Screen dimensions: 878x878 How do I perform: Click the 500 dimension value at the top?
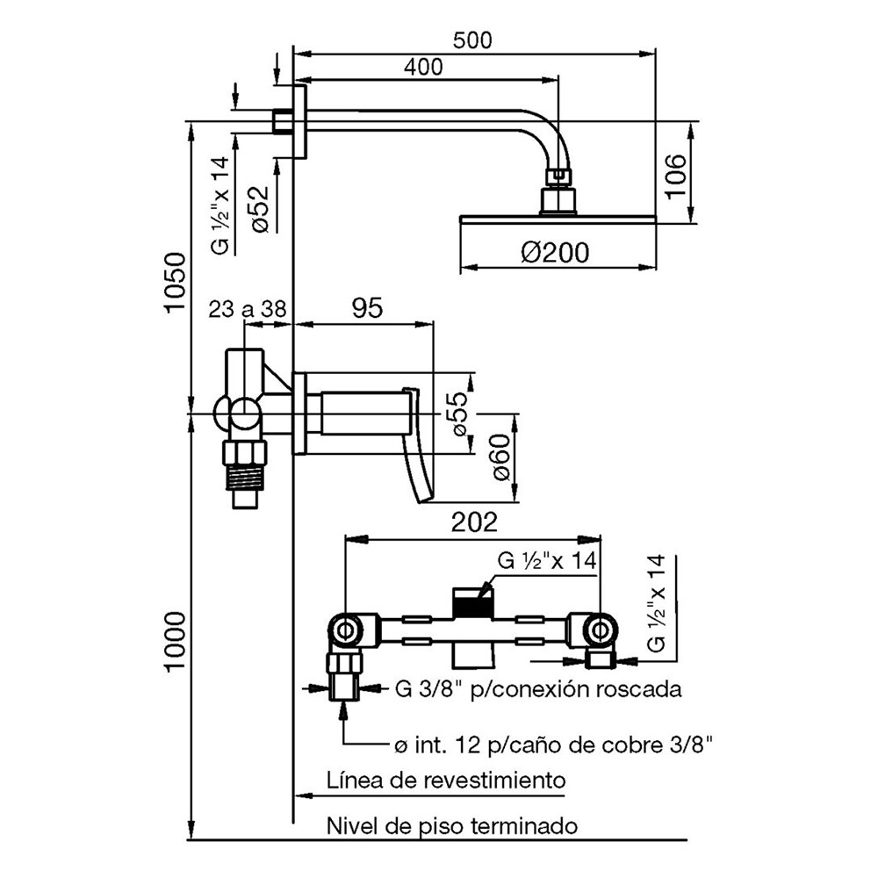pos(472,40)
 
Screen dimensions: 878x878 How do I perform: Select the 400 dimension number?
pos(423,68)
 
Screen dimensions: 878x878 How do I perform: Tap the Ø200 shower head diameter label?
pos(555,253)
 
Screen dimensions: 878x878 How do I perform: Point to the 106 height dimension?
pos(675,176)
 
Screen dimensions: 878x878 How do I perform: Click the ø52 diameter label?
pos(260,208)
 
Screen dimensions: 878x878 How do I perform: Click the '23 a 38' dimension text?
pos(248,309)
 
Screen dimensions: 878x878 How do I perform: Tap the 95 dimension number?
pos(367,308)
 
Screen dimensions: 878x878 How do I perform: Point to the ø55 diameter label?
pos(457,414)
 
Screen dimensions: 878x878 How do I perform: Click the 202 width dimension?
pos(474,522)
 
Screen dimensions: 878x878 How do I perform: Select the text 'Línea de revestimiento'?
pos(446,780)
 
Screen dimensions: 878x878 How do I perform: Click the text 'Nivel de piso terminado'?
pos(452,826)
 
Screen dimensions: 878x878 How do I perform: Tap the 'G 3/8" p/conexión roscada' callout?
pos(538,689)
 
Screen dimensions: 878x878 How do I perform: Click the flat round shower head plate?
pos(558,219)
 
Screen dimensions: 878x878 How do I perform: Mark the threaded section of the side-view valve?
pos(245,476)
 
